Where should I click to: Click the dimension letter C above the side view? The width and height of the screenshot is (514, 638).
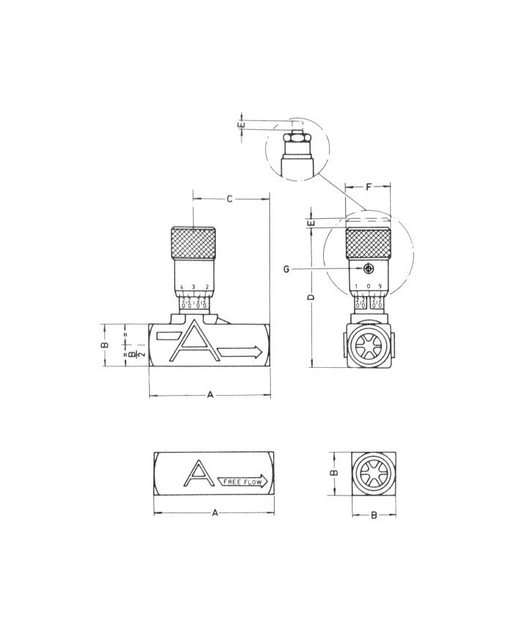click(x=229, y=199)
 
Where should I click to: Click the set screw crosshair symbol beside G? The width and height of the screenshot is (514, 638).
click(x=368, y=269)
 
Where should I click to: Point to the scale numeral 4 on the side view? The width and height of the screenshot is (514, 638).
click(x=181, y=287)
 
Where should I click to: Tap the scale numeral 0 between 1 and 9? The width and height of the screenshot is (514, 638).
click(x=369, y=286)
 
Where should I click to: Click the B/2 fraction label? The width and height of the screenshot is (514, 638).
click(x=132, y=354)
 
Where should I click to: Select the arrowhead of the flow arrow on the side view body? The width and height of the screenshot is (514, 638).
click(x=255, y=352)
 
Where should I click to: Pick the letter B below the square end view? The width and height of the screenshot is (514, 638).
click(x=373, y=515)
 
